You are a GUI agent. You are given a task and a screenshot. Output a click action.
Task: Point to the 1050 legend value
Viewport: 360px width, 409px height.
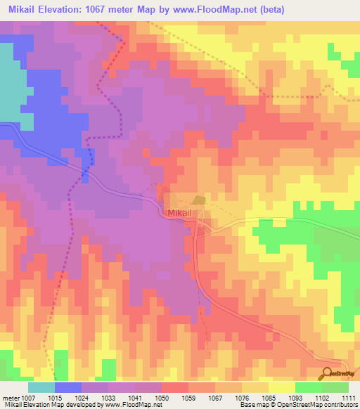(x=162, y=397)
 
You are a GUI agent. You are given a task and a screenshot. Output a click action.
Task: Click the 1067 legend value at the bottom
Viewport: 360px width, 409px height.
(x=216, y=397)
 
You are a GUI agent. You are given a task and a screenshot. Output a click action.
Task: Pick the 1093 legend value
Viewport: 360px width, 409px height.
(x=296, y=397)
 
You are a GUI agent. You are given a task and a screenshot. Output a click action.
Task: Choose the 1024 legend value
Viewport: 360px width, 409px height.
(x=82, y=397)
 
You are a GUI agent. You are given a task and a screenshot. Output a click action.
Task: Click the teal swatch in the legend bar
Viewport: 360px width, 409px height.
(x=41, y=387)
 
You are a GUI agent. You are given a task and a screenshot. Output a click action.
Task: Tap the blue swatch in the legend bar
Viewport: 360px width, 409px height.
(x=68, y=387)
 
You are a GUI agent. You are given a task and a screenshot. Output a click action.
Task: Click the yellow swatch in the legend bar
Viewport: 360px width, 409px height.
(x=282, y=387)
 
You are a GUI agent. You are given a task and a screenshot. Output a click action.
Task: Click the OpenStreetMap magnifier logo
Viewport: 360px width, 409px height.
(x=328, y=373)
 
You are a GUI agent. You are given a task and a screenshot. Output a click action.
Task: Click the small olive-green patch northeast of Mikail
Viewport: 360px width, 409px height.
(x=200, y=201)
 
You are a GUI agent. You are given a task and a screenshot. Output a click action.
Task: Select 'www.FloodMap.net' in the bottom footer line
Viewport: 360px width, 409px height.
(x=131, y=405)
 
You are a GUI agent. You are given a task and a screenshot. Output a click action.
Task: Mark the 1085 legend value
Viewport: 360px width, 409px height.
(x=269, y=397)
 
